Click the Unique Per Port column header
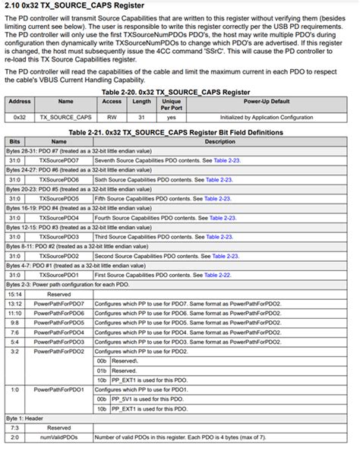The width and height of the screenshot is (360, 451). click(x=172, y=104)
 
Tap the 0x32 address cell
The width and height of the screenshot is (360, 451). click(x=20, y=118)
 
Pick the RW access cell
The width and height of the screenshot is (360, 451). click(x=112, y=118)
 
